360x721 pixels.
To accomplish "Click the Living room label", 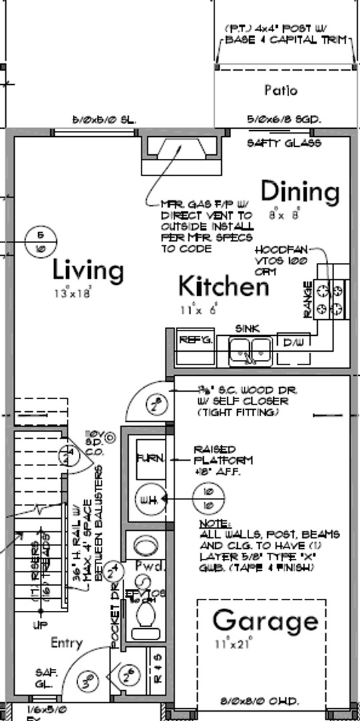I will (x=88, y=271).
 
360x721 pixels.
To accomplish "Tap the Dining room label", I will (x=299, y=192).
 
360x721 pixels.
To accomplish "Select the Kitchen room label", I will (x=223, y=286).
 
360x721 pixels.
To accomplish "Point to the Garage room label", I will (x=265, y=622).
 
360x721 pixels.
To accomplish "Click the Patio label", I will (x=281, y=90).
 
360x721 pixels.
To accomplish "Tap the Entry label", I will (x=67, y=643).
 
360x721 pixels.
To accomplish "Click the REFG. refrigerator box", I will (x=194, y=340).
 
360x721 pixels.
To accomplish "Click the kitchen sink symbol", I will (x=249, y=349).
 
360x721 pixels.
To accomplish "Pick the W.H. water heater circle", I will (x=147, y=501).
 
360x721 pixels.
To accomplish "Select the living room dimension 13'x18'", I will (x=72, y=292).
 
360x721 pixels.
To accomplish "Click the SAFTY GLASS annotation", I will (x=283, y=143).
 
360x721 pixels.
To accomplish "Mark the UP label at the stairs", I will (x=41, y=626).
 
